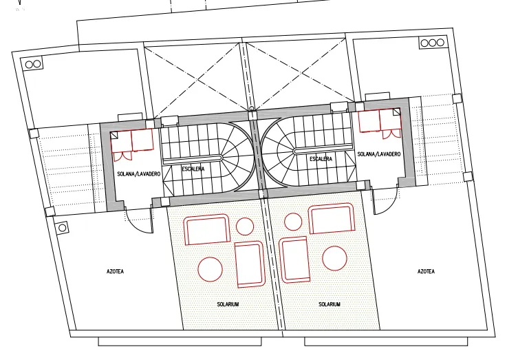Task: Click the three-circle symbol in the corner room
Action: [432, 43]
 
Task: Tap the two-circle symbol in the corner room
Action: [33, 64]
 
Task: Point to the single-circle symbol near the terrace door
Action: [62, 228]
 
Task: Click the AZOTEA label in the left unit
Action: [116, 271]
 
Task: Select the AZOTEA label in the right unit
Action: [426, 271]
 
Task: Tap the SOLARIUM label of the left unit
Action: [228, 304]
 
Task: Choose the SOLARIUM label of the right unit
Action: [330, 304]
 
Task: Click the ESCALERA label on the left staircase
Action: [193, 169]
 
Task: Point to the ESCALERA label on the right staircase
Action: [321, 159]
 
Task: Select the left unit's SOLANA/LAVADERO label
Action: [139, 174]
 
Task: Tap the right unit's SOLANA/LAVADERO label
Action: [379, 154]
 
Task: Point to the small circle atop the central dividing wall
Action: [252, 109]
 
